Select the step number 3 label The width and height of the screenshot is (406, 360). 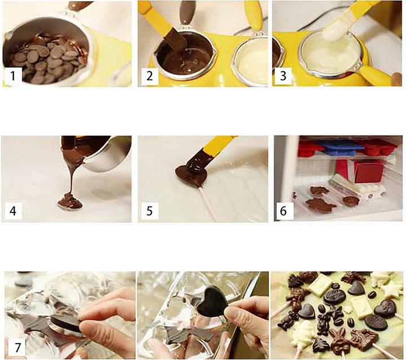click(x=285, y=76)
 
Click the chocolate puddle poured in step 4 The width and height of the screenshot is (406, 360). click(x=69, y=200)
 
